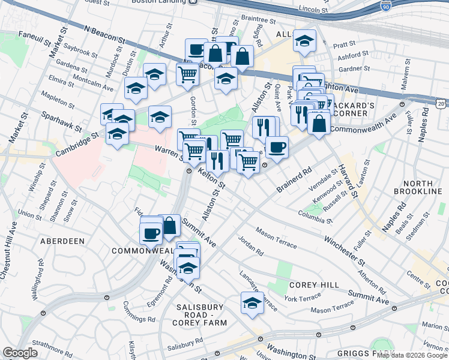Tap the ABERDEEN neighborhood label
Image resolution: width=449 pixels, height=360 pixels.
click(x=62, y=241)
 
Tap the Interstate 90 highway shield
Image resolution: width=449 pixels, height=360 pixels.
click(x=384, y=7)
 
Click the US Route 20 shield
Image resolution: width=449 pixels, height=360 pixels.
click(x=441, y=104)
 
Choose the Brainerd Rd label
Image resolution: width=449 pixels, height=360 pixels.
click(x=295, y=180)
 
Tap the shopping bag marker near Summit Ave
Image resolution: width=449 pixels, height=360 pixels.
click(x=170, y=226)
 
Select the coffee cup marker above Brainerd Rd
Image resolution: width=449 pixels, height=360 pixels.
click(x=276, y=147)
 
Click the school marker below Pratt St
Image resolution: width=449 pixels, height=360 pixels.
click(x=304, y=41)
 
